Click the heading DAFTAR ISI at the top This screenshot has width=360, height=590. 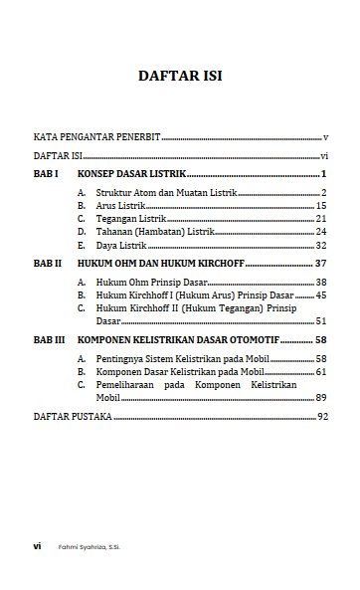pyautogui.click(x=180, y=77)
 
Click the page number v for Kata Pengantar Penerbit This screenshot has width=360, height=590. pyautogui.click(x=325, y=136)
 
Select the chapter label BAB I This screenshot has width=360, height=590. pyautogui.click(x=46, y=173)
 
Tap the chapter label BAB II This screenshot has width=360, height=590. pyautogui.click(x=48, y=264)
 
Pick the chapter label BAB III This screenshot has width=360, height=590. pyautogui.click(x=50, y=339)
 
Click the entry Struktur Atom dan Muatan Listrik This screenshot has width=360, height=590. pyautogui.click(x=166, y=191)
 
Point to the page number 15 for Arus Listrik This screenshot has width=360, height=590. pyautogui.click(x=321, y=205)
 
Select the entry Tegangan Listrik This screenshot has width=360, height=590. pyautogui.click(x=130, y=218)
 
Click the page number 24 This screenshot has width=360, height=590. pyautogui.click(x=321, y=231)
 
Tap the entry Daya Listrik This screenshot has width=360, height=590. pyautogui.click(x=120, y=245)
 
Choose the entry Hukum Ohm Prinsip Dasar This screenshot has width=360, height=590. pyautogui.click(x=144, y=283)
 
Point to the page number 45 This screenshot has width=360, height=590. pyautogui.click(x=321, y=295)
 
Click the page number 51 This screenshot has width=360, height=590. pyautogui.click(x=321, y=320)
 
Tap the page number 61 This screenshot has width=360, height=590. pyautogui.click(x=321, y=371)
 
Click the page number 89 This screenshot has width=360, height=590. pyautogui.click(x=321, y=396)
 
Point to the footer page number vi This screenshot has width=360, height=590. pyautogui.click(x=37, y=546)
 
